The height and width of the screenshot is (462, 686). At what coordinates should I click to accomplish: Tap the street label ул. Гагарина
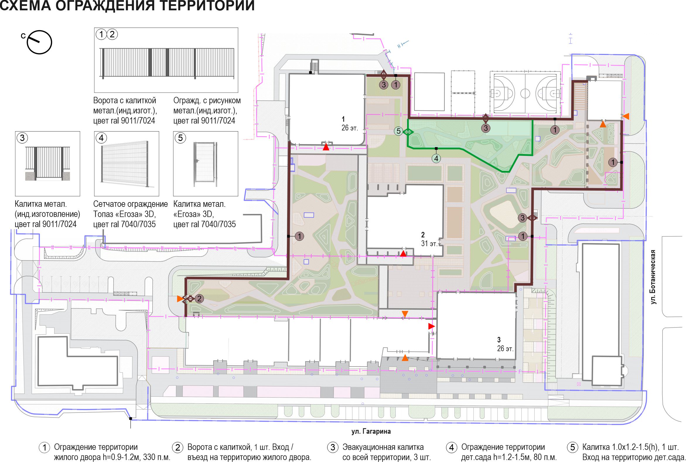(x=371, y=432)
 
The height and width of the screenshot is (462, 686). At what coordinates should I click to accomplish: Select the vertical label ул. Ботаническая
(x=653, y=277)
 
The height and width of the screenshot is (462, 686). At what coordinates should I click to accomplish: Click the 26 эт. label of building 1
(x=350, y=128)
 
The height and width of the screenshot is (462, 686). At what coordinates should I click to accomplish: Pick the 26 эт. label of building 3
(x=506, y=349)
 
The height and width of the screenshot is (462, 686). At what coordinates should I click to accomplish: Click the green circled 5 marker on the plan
(x=399, y=131)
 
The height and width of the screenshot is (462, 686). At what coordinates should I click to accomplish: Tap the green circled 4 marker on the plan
(x=436, y=158)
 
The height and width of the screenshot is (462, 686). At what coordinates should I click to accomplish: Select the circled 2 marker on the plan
(x=199, y=299)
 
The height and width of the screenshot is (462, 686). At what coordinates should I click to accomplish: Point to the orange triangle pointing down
(x=405, y=314)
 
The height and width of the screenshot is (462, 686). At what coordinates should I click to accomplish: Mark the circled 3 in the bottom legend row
(x=332, y=448)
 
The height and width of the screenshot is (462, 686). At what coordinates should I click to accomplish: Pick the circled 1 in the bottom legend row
(x=45, y=448)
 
